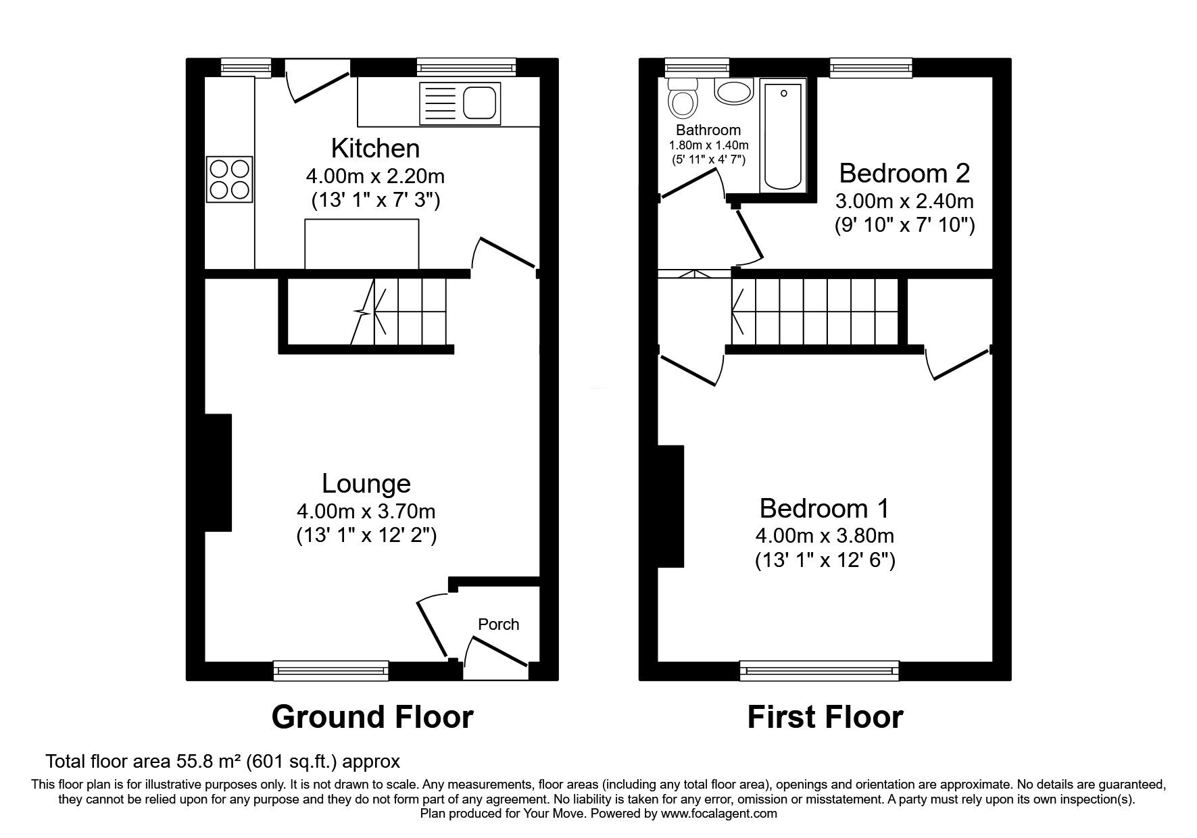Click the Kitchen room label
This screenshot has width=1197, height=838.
coord(375,148)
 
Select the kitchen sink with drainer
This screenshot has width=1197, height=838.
coord(460,103)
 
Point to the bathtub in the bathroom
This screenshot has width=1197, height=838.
coord(783,135)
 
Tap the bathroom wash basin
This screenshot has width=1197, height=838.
coord(733,91)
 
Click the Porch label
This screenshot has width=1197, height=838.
coord(498,624)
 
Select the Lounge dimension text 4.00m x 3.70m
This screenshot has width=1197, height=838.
coord(366,511)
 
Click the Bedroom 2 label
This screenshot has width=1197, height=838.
coord(904,174)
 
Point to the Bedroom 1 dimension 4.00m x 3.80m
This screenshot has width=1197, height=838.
coord(825,536)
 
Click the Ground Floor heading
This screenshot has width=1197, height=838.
coord(372,717)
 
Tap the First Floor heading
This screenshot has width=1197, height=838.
coord(825,717)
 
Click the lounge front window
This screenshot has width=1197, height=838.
coord(331,670)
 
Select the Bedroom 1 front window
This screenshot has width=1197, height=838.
coord(819,670)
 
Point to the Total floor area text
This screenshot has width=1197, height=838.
coord(222,762)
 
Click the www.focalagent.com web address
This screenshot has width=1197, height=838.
coord(718,814)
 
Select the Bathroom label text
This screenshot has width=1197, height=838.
coord(708,130)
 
